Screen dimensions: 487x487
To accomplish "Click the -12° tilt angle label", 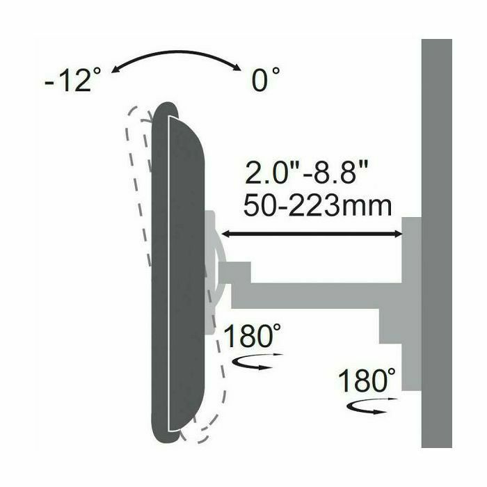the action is point(73,80).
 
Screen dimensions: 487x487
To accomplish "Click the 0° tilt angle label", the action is point(265,79).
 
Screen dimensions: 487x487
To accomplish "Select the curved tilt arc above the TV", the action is point(176,53).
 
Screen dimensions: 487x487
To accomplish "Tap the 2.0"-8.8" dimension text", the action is point(306,173).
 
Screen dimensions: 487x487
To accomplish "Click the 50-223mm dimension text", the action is point(317,205).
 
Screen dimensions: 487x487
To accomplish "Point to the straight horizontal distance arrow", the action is point(311,234).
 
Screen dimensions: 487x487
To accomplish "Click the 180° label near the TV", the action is point(252,336).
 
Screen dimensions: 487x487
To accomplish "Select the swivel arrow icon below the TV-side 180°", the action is point(257,362).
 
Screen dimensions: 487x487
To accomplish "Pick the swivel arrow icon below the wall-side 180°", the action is point(371,406).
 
